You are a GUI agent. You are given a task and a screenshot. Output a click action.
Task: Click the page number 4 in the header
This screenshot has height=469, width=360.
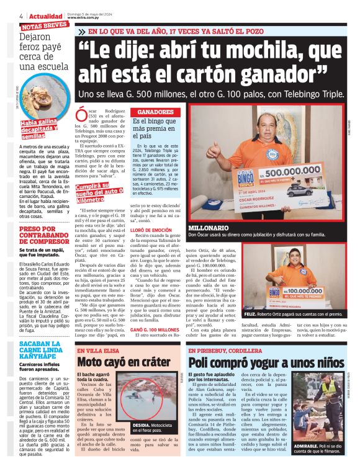22,16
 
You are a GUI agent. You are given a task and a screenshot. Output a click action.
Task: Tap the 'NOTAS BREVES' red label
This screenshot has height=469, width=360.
45,27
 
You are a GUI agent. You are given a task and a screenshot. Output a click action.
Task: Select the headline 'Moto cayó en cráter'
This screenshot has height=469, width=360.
123,362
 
